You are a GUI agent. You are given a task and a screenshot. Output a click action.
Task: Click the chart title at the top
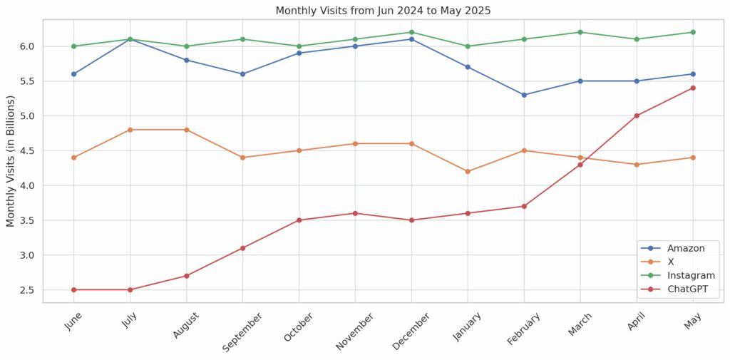pyautogui.click(x=383, y=11)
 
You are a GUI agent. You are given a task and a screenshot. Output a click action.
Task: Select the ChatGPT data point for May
pyautogui.click(x=692, y=88)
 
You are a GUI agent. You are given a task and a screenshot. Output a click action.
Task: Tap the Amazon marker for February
pyautogui.click(x=524, y=95)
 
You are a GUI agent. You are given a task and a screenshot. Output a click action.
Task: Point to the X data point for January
pyautogui.click(x=468, y=171)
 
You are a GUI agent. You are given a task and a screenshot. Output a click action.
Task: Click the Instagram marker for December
pyautogui.click(x=411, y=32)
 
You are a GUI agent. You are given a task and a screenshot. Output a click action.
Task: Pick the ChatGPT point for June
pyautogui.click(x=73, y=289)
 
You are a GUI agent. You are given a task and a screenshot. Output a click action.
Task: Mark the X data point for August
pyautogui.click(x=186, y=130)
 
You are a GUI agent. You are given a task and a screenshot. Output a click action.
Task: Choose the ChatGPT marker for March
pyautogui.click(x=580, y=165)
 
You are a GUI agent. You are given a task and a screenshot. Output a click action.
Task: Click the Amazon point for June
pyautogui.click(x=73, y=74)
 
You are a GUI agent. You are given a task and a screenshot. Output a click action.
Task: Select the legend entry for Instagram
pyautogui.click(x=690, y=275)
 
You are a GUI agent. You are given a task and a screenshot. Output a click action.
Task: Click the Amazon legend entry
pyautogui.click(x=686, y=248)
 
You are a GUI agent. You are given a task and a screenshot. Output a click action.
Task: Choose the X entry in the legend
pyautogui.click(x=671, y=262)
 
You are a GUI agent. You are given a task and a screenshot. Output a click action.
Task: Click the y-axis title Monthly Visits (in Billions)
pyautogui.click(x=11, y=160)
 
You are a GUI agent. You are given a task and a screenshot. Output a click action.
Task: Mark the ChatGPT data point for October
pyautogui.click(x=299, y=220)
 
